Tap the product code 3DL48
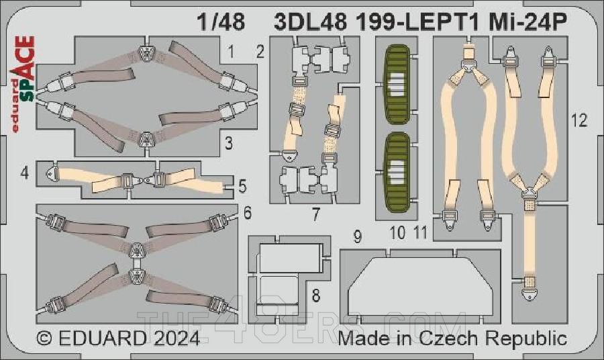(311, 24)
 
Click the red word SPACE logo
(25, 67)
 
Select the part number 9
(358, 236)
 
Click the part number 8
(316, 295)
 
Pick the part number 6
(248, 214)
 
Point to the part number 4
(25, 173)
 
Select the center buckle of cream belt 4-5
(142, 180)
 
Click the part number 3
(229, 142)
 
